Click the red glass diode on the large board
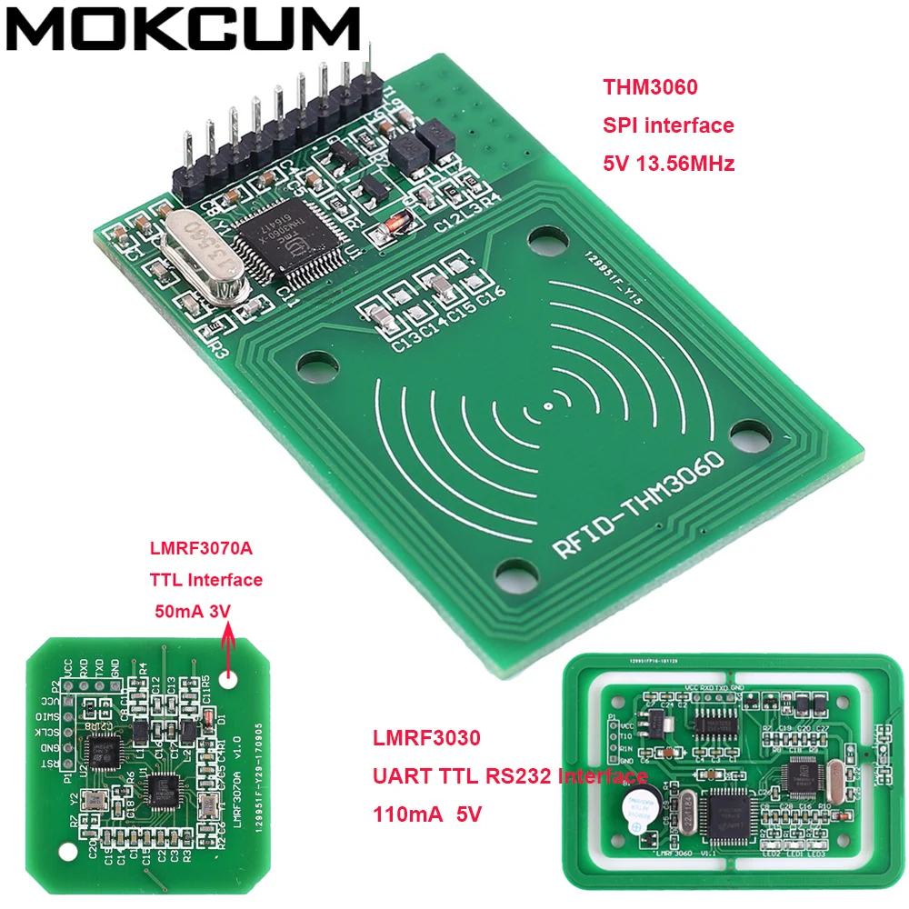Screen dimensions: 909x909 tap(395, 224)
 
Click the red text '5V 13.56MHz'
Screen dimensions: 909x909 tap(668, 165)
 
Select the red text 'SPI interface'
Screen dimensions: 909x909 tap(668, 125)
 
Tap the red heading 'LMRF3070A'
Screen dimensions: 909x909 tap(200, 550)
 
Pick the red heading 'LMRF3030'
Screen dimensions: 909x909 tap(425, 739)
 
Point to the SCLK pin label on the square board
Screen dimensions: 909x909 tap(45, 732)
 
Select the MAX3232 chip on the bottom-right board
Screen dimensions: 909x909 tap(713, 724)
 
